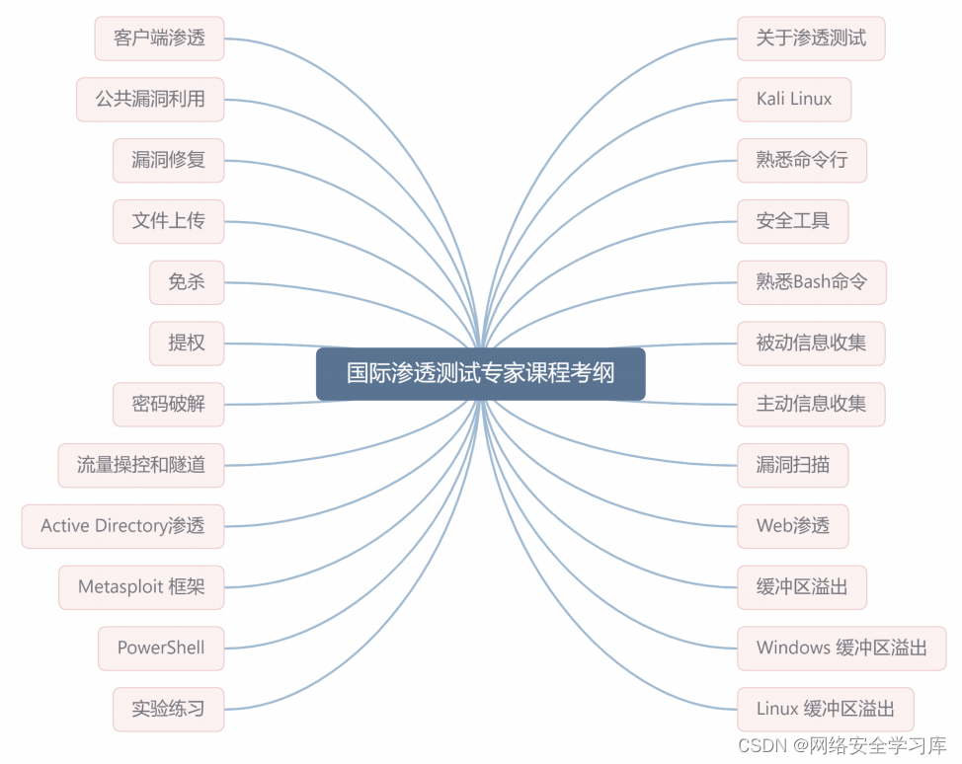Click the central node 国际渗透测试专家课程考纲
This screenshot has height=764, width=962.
[480, 374]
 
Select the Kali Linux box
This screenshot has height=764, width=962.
[794, 100]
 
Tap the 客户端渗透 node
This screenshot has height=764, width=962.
[159, 38]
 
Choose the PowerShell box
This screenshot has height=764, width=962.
[161, 649]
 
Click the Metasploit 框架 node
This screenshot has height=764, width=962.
[141, 587]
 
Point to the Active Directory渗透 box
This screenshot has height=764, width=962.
[122, 526]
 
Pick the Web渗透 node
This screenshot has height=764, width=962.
[793, 526]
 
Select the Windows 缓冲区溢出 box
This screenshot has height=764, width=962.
[842, 649]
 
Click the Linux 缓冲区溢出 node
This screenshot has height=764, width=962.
[826, 710]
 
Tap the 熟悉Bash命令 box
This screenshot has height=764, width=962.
[812, 282]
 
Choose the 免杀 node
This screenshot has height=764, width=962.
[187, 282]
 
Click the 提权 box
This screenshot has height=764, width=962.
[187, 344]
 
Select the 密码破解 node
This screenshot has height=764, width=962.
[169, 405]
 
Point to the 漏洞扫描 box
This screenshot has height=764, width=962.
[793, 465]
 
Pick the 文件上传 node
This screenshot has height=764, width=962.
[169, 221]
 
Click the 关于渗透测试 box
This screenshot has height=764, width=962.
[811, 38]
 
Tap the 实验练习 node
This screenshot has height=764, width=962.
[169, 710]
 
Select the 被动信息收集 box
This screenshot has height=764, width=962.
[811, 344]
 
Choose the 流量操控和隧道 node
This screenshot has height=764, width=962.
[141, 465]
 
